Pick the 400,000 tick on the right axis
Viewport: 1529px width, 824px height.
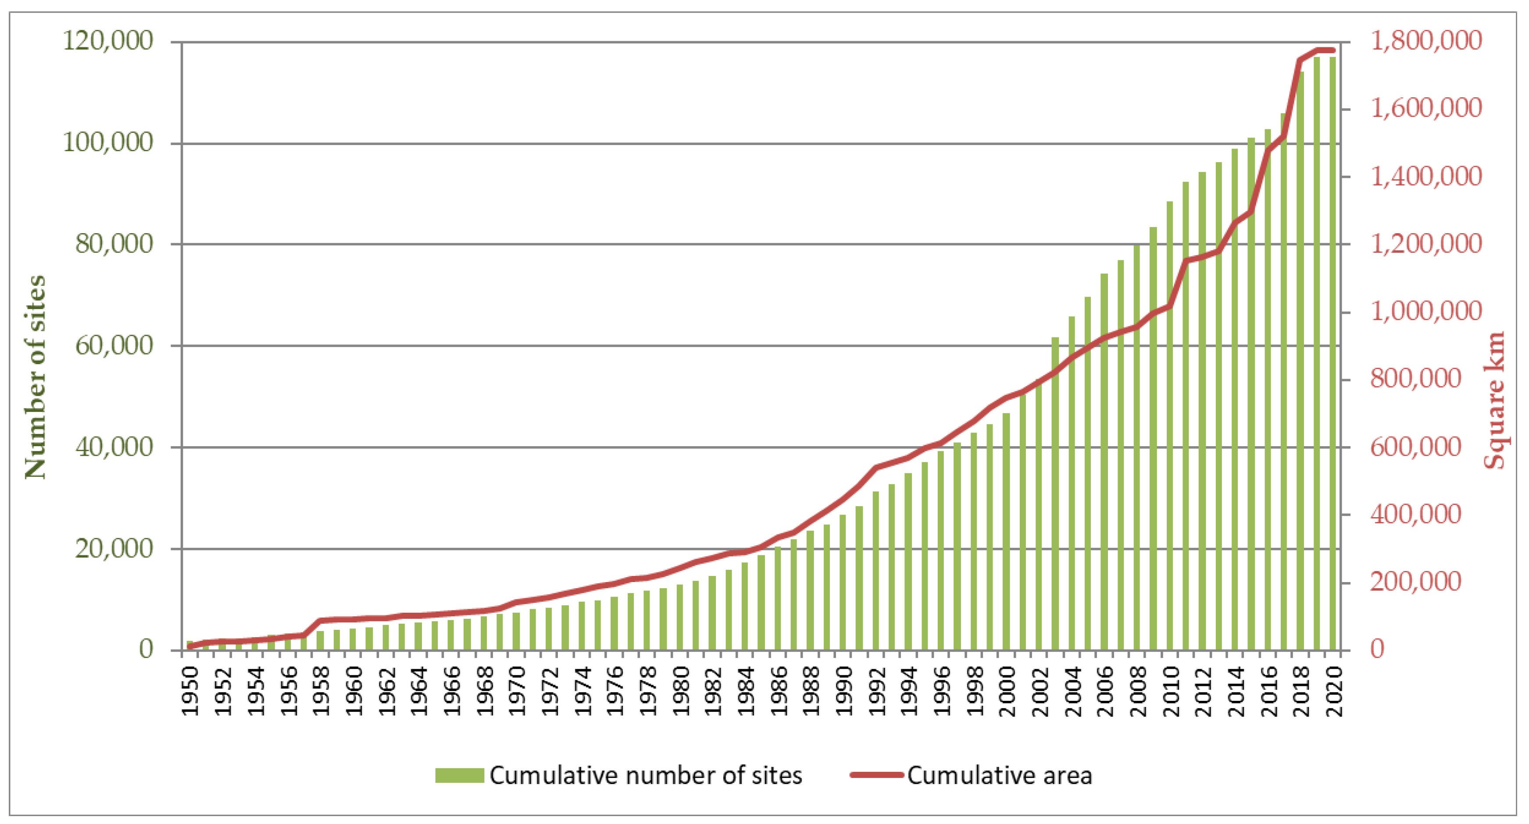tap(1416, 514)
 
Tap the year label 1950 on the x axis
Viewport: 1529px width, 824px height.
tap(190, 691)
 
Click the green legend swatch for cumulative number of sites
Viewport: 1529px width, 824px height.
tap(459, 775)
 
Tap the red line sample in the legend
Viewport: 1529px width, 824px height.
tap(876, 775)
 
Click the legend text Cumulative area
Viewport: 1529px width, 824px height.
tap(1000, 775)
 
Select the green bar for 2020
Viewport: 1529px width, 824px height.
tap(1333, 356)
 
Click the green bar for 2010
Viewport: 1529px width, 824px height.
tap(1170, 427)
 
